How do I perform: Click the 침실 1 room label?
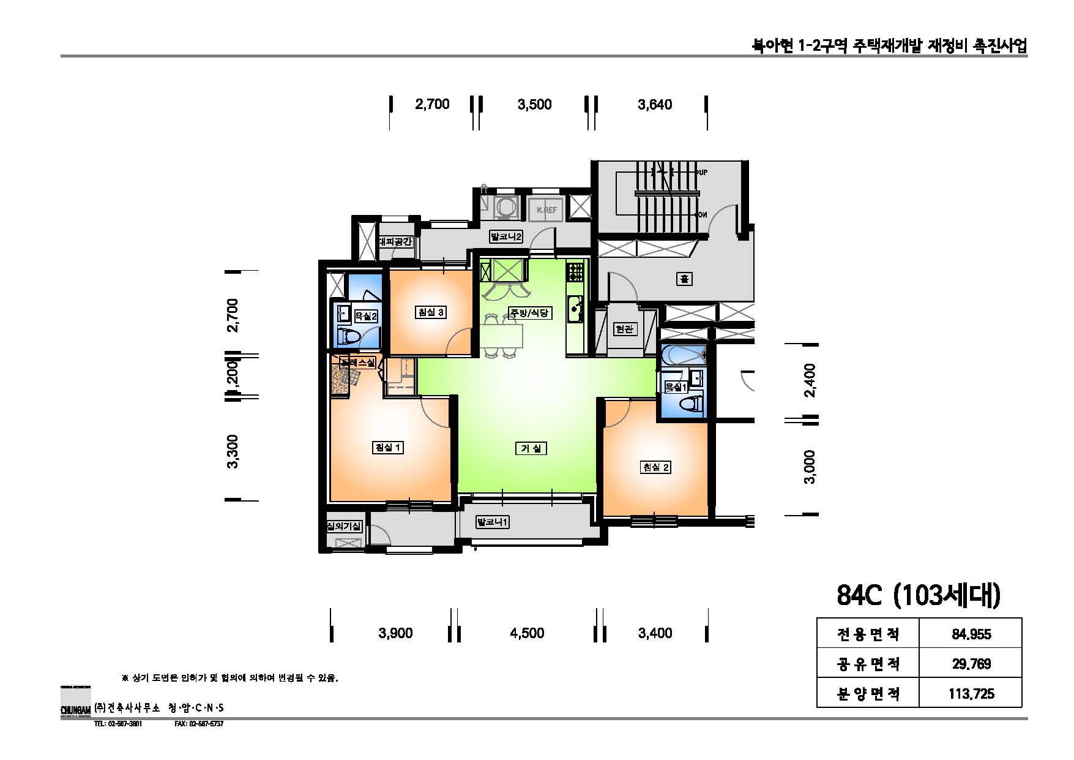point(388,448)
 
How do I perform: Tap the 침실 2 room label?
point(655,467)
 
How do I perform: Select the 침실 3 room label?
point(430,312)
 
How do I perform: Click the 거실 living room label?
point(530,448)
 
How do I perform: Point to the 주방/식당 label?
point(529,313)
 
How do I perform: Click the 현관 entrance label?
point(624,329)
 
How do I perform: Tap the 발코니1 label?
point(493,522)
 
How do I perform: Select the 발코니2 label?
point(506,236)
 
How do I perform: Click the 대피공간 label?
point(396,242)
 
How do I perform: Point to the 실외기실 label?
point(344,526)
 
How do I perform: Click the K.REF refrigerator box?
point(546,209)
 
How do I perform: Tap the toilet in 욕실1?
point(692,404)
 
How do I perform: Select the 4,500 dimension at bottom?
point(527,633)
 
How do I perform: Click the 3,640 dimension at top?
point(655,105)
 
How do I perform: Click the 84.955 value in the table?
point(971,634)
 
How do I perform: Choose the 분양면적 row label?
point(868,694)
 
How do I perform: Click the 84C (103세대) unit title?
point(918,595)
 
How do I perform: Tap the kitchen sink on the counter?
point(575,309)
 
